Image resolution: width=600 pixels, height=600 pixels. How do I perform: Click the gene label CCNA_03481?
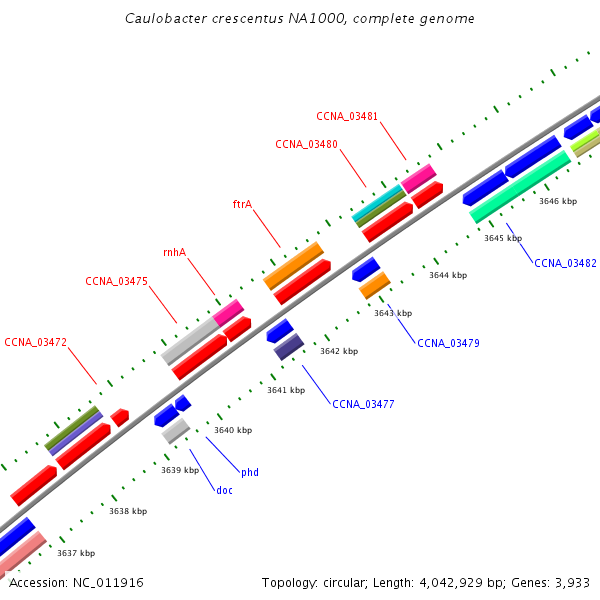347,116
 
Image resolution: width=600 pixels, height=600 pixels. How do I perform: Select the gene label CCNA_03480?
307,144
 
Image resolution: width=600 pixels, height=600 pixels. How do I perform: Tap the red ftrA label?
243,204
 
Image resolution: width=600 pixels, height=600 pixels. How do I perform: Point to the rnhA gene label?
174,252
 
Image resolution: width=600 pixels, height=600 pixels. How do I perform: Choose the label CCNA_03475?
116,281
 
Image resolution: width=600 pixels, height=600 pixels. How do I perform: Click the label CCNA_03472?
36,342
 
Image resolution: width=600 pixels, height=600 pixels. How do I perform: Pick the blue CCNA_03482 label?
565,263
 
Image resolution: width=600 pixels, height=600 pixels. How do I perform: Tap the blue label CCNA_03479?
448,343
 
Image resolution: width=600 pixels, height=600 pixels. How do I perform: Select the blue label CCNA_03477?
363,404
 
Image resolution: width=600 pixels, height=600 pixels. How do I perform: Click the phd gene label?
250,473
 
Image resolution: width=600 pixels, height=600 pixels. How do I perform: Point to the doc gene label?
224,490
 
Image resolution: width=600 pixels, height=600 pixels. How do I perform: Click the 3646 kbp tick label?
558,201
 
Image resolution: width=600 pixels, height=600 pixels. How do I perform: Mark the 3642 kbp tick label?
339,351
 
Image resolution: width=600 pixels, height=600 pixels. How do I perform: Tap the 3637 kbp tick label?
76,553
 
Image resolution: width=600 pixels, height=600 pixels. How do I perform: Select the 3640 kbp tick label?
233,430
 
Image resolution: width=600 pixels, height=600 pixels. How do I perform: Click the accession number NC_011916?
108,582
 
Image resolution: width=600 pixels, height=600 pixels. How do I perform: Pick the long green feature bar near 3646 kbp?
520,187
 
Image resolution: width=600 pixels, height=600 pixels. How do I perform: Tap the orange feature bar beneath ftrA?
293,266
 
